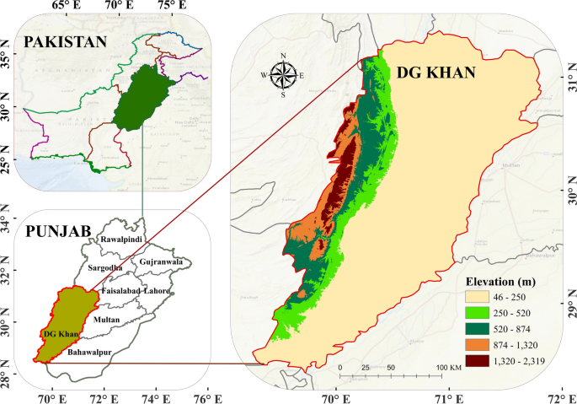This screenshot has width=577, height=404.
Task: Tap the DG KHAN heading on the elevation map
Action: pos(435,73)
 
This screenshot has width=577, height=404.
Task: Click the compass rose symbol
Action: pos(283,75)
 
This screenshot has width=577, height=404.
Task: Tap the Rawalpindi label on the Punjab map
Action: pos(124,240)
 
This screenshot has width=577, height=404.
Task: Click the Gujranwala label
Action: pos(152,261)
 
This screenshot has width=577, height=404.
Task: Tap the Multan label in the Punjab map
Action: pos(107,321)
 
